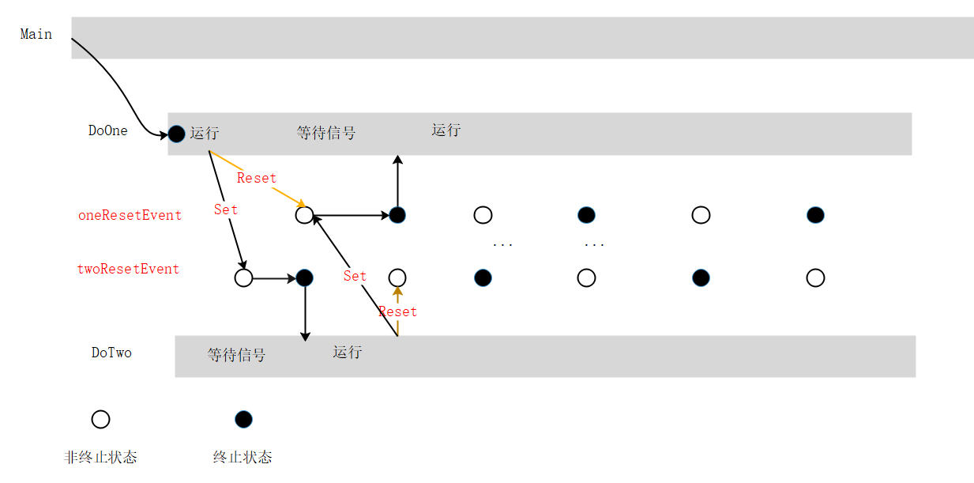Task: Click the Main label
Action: pos(36,34)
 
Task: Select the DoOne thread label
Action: pos(108,131)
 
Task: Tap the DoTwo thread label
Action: pos(111,353)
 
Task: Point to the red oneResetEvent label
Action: pos(130,215)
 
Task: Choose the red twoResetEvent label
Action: pos(128,269)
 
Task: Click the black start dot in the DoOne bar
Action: pos(177,134)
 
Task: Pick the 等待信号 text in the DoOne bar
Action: pos(326,133)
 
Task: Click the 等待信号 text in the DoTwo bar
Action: pos(236,356)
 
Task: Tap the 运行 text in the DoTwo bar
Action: pos(347,352)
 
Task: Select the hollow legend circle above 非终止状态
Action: pos(100,419)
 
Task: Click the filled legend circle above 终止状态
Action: pos(243,419)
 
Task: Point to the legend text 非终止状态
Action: pos(100,458)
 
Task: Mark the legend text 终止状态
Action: pos(243,458)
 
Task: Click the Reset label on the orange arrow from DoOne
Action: pos(257,178)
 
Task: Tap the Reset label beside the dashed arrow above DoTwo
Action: pos(397,311)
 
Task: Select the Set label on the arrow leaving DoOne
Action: pos(226,209)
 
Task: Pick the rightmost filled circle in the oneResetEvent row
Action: pos(816,215)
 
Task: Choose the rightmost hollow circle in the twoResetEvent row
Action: pos(816,277)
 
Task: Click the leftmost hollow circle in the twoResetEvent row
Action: pos(243,278)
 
